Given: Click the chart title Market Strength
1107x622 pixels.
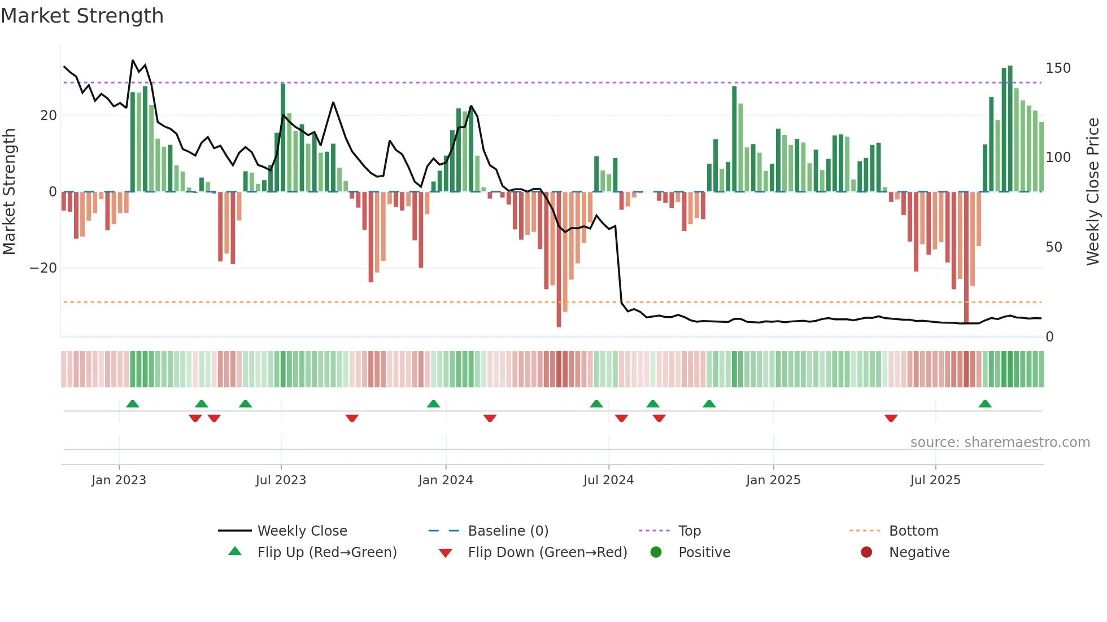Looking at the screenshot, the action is click(82, 16).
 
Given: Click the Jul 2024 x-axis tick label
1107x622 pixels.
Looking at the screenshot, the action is click(608, 480).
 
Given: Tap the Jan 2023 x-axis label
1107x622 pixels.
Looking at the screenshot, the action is click(119, 480).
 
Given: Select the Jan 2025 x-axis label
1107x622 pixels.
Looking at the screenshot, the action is click(773, 480).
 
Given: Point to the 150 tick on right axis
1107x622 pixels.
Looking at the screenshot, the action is click(1058, 68).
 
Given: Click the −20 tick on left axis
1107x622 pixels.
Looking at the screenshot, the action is click(43, 268).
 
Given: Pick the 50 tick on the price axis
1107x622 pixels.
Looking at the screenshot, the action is click(1053, 247).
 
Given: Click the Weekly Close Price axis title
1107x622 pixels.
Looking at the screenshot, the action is click(1093, 192).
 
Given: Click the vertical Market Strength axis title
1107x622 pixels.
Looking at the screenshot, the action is click(9, 192).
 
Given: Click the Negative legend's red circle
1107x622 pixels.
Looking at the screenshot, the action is click(866, 553).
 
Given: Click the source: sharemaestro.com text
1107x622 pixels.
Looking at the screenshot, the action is click(1000, 443).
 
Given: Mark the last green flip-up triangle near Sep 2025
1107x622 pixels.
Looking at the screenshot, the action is click(985, 404).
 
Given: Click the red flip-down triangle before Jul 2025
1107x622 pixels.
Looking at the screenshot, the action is click(891, 418).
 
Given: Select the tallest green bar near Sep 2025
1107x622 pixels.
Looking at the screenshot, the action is click(1010, 130).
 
